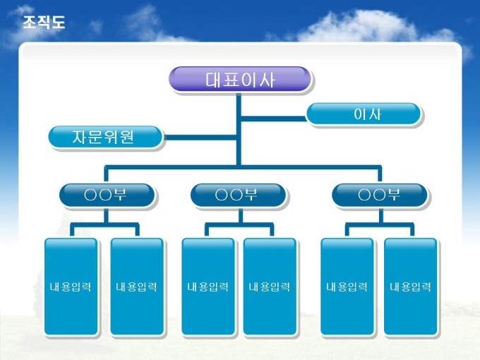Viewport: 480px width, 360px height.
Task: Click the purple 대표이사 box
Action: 239,79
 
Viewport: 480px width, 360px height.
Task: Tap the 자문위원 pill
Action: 105,137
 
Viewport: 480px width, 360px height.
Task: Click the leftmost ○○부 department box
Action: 107,195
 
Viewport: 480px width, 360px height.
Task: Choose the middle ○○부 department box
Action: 238,195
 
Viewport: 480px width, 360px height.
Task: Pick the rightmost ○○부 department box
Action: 379,195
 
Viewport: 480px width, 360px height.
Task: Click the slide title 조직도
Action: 44,23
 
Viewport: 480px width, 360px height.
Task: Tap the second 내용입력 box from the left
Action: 136,286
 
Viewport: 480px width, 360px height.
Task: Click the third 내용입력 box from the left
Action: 208,286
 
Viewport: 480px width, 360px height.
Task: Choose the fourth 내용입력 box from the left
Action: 270,286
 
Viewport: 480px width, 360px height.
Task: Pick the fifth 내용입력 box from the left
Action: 347,286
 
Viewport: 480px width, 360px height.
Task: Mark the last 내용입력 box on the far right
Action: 410,286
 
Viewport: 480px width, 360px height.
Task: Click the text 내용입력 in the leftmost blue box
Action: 71,287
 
